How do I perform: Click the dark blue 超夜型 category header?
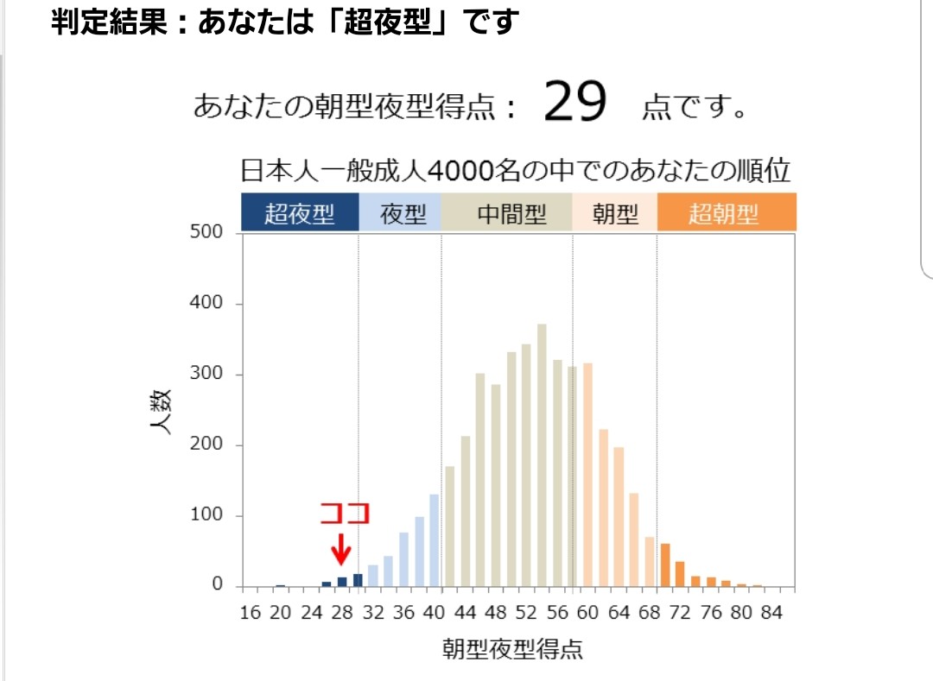click(x=299, y=213)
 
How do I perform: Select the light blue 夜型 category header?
click(x=403, y=213)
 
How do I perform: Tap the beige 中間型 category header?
click(x=511, y=213)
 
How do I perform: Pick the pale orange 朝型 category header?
click(x=615, y=213)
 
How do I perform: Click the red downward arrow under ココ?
click(x=342, y=547)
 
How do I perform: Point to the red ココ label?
click(x=345, y=514)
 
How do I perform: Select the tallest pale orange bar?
click(x=588, y=474)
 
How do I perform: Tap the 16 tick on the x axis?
click(x=250, y=613)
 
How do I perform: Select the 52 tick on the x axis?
click(x=526, y=613)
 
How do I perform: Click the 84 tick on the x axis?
click(x=771, y=613)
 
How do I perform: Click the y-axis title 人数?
click(x=163, y=411)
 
